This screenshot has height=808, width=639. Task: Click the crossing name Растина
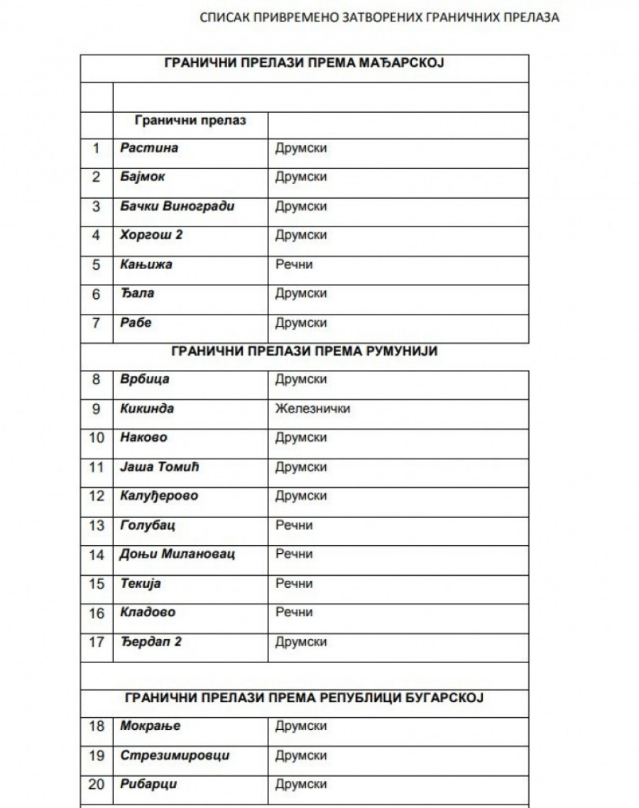tap(149, 148)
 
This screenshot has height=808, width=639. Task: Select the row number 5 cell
tap(97, 265)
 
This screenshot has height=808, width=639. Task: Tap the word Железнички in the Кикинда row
tap(312, 409)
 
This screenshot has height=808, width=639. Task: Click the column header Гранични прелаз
tap(190, 120)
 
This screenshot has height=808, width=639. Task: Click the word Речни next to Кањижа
tap(294, 265)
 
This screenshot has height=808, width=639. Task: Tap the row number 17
tap(97, 642)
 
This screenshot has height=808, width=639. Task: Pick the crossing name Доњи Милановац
tap(176, 555)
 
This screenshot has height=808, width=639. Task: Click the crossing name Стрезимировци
tap(175, 755)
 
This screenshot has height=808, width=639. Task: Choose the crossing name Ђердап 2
tap(151, 642)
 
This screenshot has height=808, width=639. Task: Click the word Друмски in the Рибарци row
tap(301, 785)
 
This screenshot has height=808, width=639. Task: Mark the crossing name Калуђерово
tap(159, 496)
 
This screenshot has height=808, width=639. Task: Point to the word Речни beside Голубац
tap(294, 525)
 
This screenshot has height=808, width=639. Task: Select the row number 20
tap(97, 785)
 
